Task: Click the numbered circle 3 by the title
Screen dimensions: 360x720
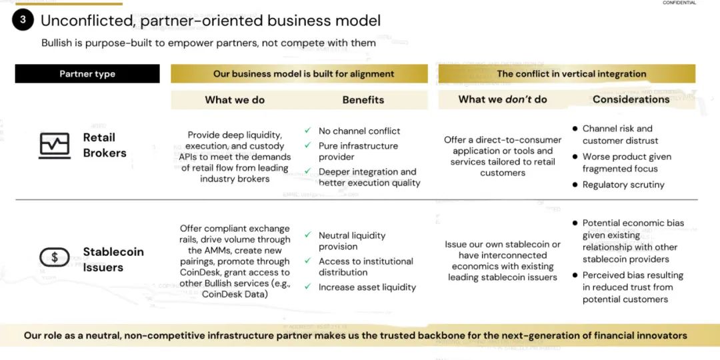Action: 23,20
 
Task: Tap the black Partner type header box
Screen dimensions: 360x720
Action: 87,74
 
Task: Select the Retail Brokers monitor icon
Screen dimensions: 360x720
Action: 55,145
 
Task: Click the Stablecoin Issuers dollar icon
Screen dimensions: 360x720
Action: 55,257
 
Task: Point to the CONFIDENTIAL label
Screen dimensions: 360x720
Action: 679,3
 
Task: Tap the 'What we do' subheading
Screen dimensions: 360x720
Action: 235,99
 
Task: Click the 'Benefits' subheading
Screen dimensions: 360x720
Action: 363,99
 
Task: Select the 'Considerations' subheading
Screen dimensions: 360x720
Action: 631,99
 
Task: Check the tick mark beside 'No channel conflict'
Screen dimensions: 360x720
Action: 307,131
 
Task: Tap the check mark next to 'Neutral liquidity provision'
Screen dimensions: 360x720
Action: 307,235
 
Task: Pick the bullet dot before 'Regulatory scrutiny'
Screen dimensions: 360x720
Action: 575,184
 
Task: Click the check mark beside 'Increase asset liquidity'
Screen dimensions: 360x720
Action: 307,287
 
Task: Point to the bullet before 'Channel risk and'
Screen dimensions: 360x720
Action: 575,128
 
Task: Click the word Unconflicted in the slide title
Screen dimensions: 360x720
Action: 87,21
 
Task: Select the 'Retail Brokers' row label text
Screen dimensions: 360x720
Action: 105,145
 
